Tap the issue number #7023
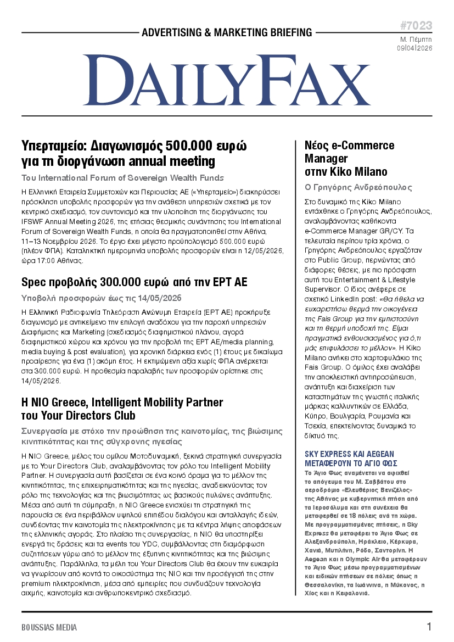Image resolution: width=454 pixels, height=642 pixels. [x=416, y=26]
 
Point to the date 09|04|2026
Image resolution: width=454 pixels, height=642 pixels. [x=414, y=48]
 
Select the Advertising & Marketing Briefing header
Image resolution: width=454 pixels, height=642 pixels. [x=227, y=33]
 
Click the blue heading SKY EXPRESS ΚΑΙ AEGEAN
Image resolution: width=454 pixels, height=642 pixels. [x=349, y=454]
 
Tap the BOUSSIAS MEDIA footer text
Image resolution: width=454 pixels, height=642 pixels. [x=49, y=627]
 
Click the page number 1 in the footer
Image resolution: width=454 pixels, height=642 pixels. [x=429, y=627]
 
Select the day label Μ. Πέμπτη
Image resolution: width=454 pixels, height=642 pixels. [x=416, y=40]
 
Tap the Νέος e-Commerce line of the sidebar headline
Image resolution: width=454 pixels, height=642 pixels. [x=349, y=146]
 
